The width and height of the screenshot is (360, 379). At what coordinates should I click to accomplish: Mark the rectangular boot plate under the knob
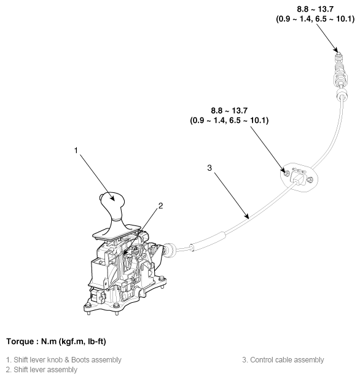[117, 232]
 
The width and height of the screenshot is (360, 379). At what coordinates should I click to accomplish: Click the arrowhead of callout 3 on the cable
[246, 216]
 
